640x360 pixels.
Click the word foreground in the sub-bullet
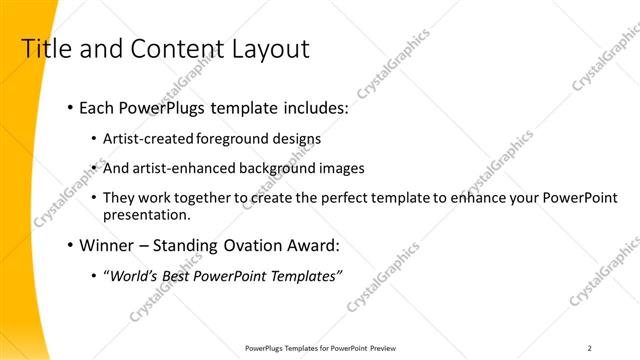coord(231,139)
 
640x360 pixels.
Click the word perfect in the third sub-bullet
coord(342,197)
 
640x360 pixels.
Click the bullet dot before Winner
coord(69,246)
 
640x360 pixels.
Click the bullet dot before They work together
coord(94,198)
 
